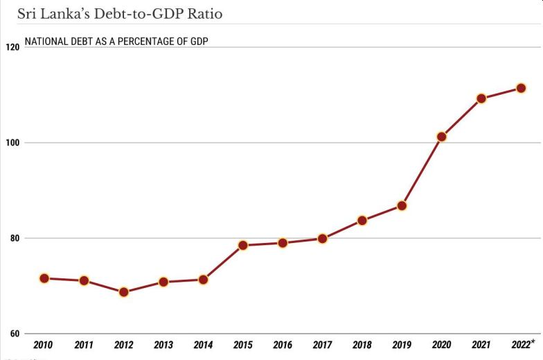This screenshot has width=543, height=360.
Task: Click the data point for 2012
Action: point(124,292)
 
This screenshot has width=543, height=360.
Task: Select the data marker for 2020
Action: point(442,137)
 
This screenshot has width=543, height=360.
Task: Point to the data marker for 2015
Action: point(243,245)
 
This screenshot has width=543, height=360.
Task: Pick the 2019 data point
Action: point(402,206)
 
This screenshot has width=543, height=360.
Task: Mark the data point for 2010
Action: point(44,278)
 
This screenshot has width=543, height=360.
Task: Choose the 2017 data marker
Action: point(322,239)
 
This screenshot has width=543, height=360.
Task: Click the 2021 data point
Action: point(481,98)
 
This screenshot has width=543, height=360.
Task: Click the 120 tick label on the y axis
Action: point(12,48)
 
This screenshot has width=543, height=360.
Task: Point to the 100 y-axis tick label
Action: point(12,143)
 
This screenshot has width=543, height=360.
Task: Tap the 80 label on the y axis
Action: point(15,239)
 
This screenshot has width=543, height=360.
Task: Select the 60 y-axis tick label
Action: point(15,334)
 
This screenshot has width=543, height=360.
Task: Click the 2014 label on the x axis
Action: point(203,345)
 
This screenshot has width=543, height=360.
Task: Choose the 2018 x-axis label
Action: point(362,345)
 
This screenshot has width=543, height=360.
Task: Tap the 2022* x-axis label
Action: point(523,344)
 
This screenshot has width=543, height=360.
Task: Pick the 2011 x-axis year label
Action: point(84,345)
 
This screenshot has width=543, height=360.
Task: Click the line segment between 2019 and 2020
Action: point(422,172)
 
